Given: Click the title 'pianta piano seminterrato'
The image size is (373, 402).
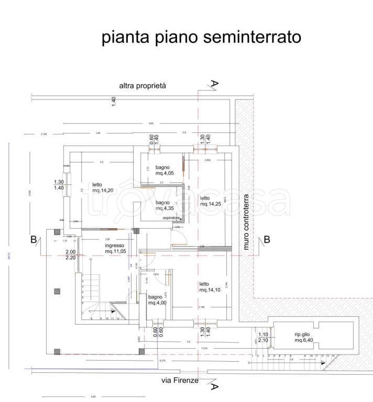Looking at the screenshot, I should (201, 37).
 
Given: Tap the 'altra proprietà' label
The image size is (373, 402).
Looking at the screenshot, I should (142, 86).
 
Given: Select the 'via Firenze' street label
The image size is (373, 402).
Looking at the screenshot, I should (180, 381).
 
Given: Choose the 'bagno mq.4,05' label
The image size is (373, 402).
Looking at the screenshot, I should (157, 170).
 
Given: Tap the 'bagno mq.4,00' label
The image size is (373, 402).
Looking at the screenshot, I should (157, 299).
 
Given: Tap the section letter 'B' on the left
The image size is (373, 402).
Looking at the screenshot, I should (34, 240).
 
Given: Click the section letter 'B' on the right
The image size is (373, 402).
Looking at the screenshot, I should (267, 240).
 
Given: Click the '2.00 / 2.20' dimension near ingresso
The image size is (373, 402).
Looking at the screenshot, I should (71, 254).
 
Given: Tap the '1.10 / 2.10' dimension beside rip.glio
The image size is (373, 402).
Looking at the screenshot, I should (264, 338).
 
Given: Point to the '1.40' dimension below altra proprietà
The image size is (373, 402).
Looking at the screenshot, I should (114, 102).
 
